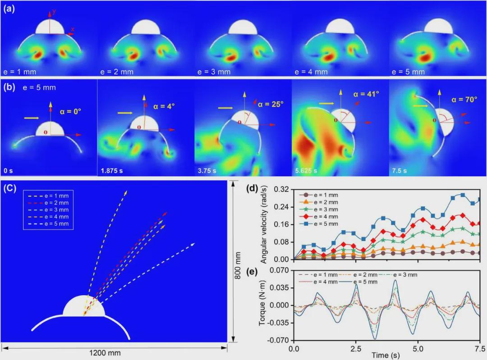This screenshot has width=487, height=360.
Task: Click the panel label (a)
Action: click(9, 9)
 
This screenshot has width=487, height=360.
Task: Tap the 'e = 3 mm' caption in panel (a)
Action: click(214, 72)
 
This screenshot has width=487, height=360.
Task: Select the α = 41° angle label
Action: click(366, 94)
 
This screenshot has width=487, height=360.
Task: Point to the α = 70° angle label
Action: click(464, 100)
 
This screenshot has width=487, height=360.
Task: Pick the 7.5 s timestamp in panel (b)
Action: click(399, 171)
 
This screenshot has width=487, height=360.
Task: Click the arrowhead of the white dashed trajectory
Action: click(193, 244)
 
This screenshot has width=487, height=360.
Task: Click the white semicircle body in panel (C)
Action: click(84, 306)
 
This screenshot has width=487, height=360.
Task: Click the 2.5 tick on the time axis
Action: click(356, 348)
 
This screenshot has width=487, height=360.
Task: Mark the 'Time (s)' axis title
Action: click(386, 356)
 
